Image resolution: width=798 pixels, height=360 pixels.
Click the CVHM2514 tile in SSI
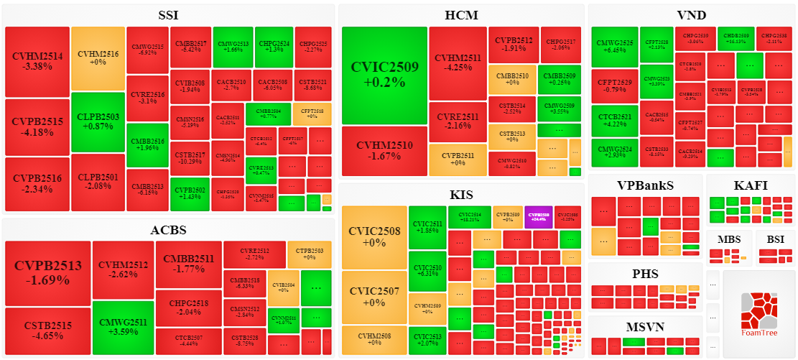pos(37,62)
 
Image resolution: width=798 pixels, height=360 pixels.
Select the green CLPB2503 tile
pos(98,121)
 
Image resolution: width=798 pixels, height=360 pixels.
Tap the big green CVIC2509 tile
pos(385,75)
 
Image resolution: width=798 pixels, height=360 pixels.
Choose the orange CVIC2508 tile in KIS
pos(374,237)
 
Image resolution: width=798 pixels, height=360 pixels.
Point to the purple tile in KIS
pos(538,216)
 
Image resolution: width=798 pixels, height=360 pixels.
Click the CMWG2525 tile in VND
pos(614,47)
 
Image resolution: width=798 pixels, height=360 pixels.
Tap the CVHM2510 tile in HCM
pos(385,151)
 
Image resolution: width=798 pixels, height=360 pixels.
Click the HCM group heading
pos(461,15)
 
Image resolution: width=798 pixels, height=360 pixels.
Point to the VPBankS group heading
pos(646,185)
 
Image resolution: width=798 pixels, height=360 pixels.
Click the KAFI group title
pos(751,185)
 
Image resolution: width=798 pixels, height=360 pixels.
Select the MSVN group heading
pos(646,326)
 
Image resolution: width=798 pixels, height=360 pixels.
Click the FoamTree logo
pos(758,314)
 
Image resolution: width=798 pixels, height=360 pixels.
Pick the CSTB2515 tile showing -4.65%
pos(47,331)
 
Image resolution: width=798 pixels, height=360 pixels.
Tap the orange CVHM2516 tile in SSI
pos(98,58)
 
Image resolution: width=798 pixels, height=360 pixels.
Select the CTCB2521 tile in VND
pos(614,121)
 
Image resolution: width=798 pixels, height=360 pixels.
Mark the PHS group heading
pos(646,274)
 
